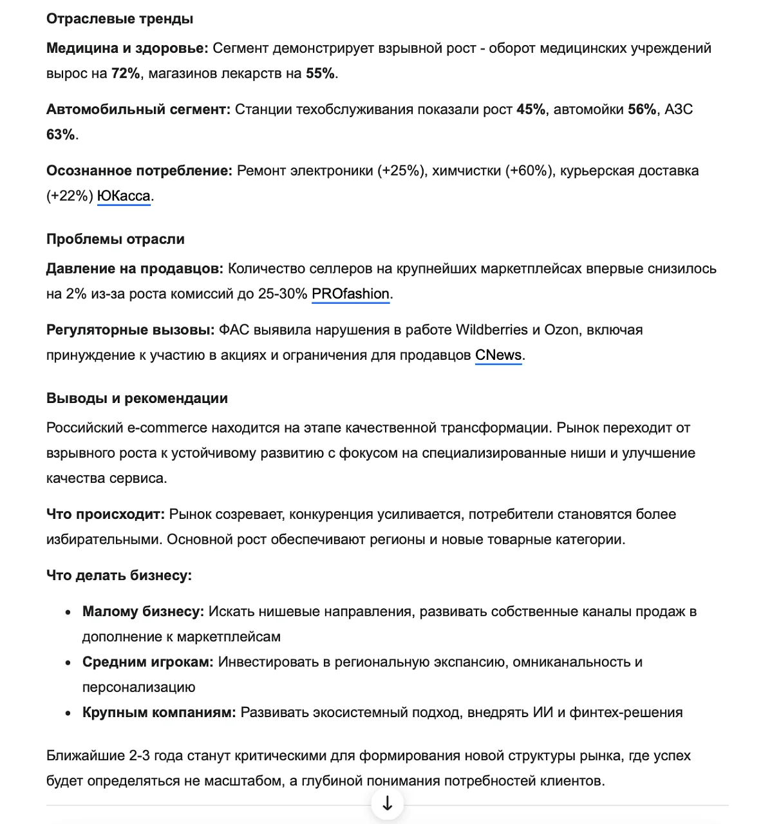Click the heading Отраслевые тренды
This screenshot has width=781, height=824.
pos(120,19)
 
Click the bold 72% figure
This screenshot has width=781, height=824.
pos(126,73)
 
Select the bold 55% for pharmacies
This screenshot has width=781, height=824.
pos(320,73)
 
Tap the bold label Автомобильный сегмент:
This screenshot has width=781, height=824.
pos(138,109)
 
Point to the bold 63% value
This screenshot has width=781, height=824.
pos(61,135)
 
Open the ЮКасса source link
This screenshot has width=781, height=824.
pos(124,196)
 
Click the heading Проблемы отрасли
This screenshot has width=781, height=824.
pos(115,239)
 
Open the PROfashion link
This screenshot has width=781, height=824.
pos(350,294)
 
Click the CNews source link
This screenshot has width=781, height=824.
pos(498,355)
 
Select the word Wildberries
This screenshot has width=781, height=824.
pos(492,330)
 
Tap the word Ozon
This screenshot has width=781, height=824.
pos(561,330)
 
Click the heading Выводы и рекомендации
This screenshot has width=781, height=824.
pos(137,398)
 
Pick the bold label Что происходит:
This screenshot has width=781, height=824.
pos(106,514)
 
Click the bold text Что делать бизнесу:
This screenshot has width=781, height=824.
pos(119,575)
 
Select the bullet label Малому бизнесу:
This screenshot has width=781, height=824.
pos(143,612)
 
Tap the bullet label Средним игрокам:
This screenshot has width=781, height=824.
pos(147,662)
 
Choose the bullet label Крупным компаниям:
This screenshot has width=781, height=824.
pos(159,713)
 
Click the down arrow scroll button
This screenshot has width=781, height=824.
pos(388,803)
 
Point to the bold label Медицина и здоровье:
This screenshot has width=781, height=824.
pos(127,48)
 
